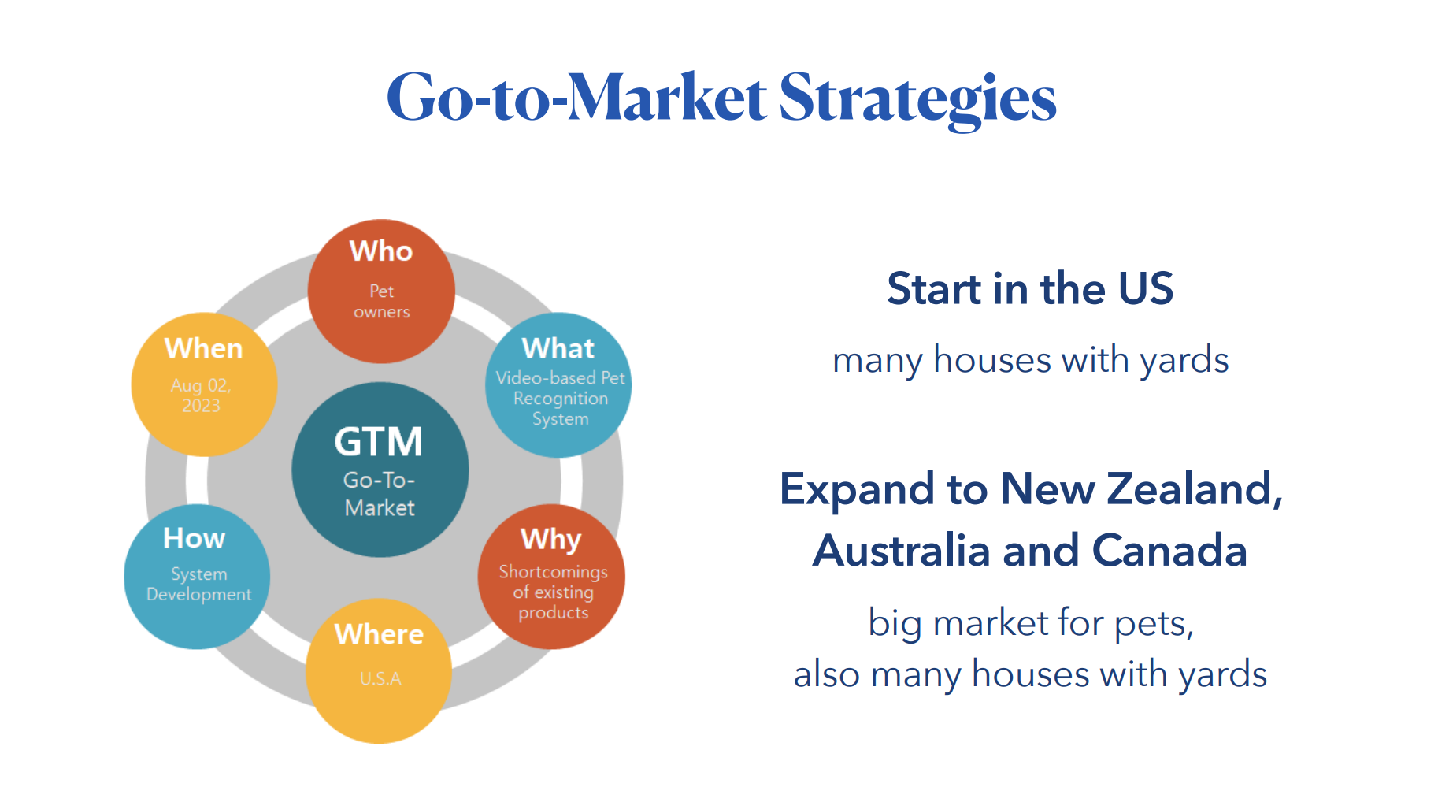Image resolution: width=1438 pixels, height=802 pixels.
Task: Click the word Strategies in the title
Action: point(917,100)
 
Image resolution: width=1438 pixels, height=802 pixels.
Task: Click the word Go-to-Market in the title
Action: point(576,98)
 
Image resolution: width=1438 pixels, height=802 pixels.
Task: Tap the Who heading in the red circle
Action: point(381,251)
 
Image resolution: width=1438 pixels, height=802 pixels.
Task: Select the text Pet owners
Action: point(381,302)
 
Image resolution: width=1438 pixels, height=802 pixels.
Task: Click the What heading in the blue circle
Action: point(558,348)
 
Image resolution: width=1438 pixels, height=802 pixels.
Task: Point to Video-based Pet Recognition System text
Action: point(560,399)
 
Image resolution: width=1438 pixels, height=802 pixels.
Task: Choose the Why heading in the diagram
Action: point(551,540)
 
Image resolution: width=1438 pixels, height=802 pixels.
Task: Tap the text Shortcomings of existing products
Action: point(553,592)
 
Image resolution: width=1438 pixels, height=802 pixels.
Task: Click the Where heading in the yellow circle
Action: point(379,634)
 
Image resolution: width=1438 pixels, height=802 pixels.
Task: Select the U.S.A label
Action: point(380,678)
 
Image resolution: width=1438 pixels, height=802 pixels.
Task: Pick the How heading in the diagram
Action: point(195,538)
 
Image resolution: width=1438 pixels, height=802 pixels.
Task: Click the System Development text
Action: point(198,585)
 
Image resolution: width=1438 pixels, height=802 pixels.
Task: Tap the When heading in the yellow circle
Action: point(203,348)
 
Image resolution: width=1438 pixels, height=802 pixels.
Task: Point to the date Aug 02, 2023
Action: point(201,395)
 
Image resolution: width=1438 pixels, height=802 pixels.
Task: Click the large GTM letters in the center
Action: point(379,442)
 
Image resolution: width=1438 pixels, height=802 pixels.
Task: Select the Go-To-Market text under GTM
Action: point(380,494)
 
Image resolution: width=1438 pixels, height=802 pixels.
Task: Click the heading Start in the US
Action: point(1030,288)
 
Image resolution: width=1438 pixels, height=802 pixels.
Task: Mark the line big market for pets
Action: point(1031,624)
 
